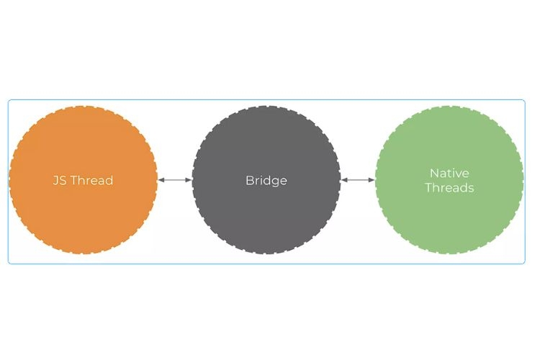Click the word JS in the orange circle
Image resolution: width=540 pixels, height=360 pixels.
pyautogui.click(x=60, y=180)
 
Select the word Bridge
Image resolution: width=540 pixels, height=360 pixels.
pyautogui.click(x=266, y=180)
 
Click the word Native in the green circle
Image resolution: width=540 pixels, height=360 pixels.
pyautogui.click(x=449, y=173)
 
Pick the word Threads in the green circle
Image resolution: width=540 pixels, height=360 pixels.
pyautogui.click(x=449, y=188)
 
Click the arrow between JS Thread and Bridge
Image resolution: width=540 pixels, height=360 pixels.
pyautogui.click(x=175, y=180)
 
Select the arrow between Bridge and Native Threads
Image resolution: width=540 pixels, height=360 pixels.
pyautogui.click(x=358, y=180)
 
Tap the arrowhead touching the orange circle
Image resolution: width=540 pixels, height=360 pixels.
pyautogui.click(x=161, y=180)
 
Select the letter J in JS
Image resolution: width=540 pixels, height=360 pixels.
pyautogui.click(x=55, y=180)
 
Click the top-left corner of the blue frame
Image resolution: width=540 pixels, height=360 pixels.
pyautogui.click(x=9, y=100)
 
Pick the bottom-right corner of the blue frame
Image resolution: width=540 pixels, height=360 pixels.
pyautogui.click(x=525, y=264)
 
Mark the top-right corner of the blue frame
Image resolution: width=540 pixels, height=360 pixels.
pyautogui.click(x=525, y=100)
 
